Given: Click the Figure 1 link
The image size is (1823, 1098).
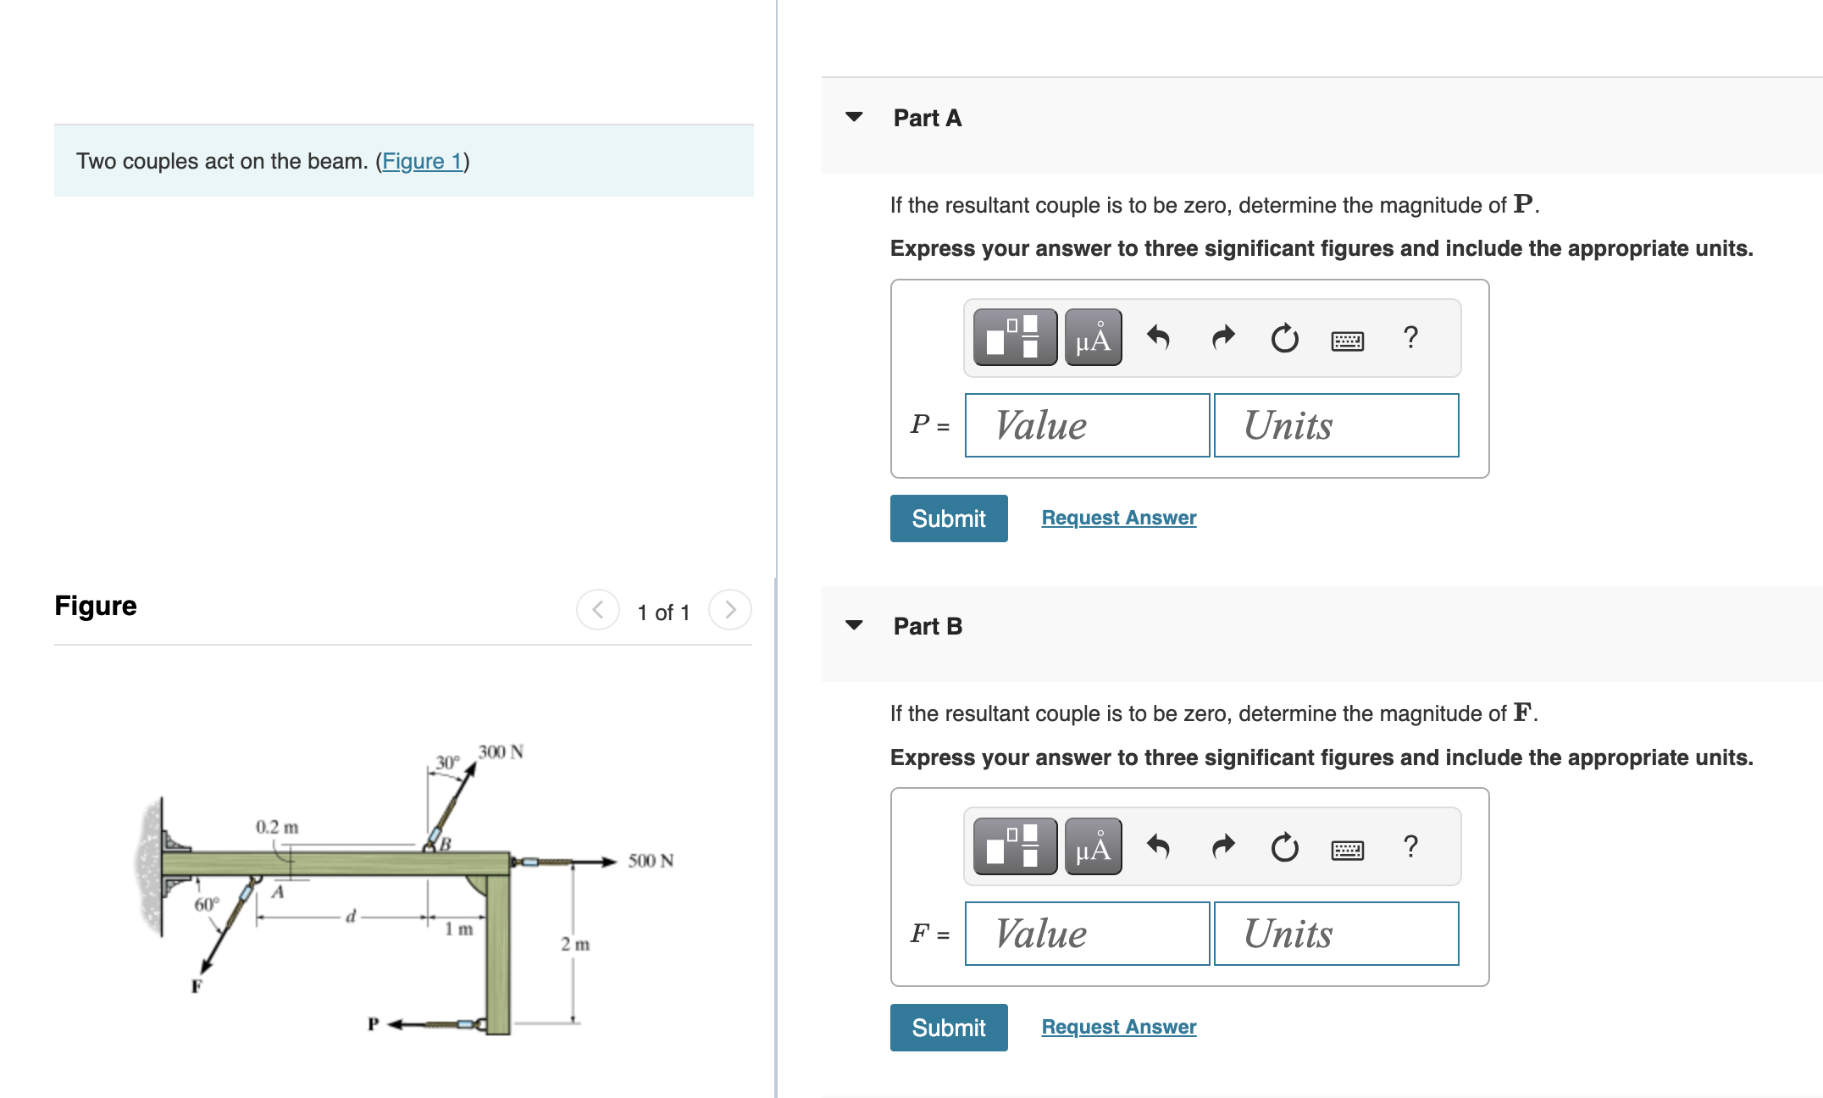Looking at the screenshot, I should click(x=422, y=161).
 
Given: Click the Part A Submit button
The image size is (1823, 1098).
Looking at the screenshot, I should click(x=948, y=518).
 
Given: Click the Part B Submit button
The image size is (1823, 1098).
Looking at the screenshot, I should click(x=948, y=1028).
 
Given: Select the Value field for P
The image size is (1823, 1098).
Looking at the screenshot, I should click(x=1087, y=425).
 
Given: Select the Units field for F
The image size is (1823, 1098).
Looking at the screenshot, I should click(x=1336, y=934).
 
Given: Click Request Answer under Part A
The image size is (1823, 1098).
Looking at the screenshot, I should click(x=1118, y=518).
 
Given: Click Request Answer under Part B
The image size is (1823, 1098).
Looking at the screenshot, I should click(x=1118, y=1027).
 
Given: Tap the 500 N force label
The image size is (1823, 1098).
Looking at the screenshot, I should click(x=651, y=861).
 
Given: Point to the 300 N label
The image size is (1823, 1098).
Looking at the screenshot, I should click(x=501, y=752).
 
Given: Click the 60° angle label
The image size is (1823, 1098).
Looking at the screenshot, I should click(x=206, y=905).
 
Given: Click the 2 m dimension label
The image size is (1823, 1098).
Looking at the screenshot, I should click(x=575, y=944).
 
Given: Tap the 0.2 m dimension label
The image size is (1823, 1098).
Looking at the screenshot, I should click(x=277, y=827).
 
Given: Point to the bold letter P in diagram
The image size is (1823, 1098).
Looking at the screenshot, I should click(x=373, y=1023).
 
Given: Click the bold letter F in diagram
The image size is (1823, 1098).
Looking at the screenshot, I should click(x=197, y=986).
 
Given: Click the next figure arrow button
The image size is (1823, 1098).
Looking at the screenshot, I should click(x=729, y=610).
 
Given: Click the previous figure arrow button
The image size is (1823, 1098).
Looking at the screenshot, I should click(x=598, y=610).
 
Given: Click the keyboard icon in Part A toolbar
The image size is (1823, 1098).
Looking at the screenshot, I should click(x=1347, y=340).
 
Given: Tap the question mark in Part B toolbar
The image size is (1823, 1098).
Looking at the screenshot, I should click(x=1410, y=846).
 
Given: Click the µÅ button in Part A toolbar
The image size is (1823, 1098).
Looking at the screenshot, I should click(x=1093, y=338).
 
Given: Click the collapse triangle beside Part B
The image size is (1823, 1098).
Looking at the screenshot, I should click(x=854, y=625).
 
